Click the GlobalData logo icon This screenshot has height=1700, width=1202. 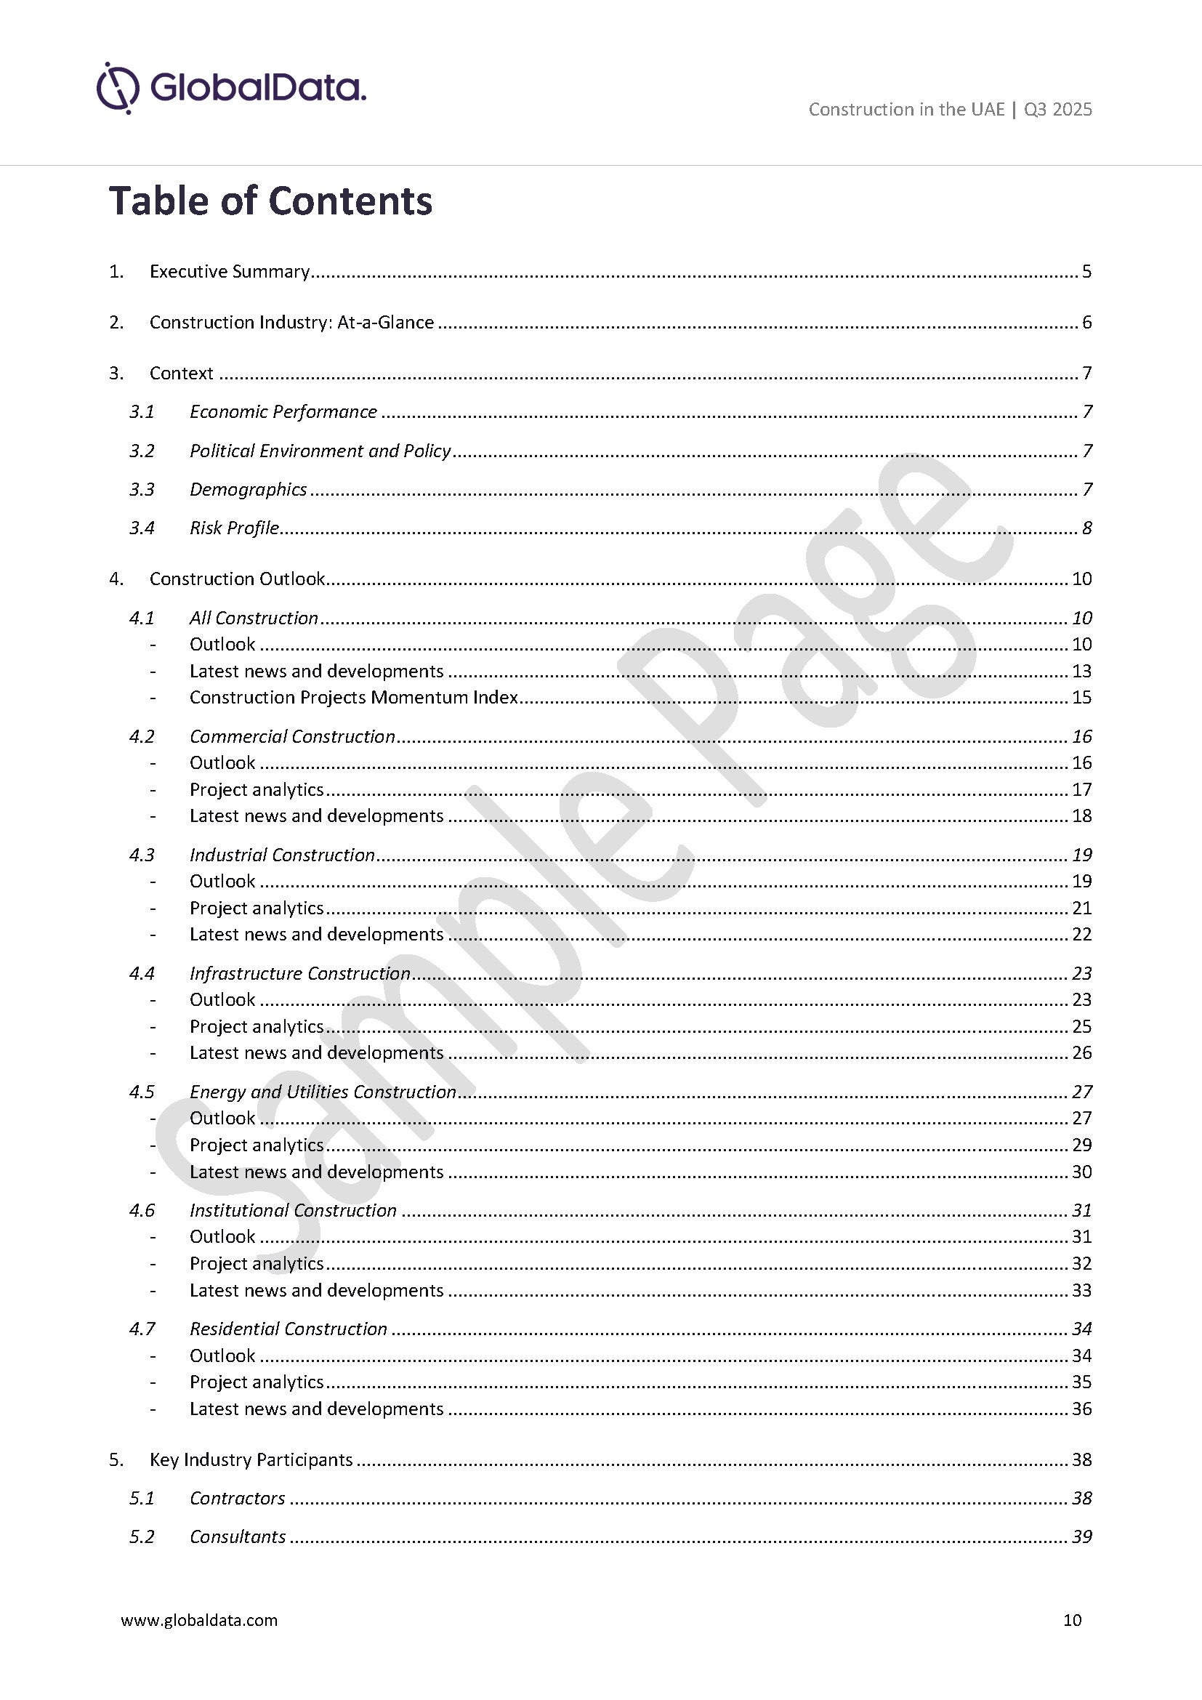(x=118, y=88)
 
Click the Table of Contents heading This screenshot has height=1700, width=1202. (x=270, y=201)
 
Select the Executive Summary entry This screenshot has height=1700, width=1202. (x=230, y=272)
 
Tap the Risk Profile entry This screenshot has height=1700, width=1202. (x=234, y=528)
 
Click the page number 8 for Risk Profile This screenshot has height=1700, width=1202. (x=1086, y=528)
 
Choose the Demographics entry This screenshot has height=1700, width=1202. (x=248, y=489)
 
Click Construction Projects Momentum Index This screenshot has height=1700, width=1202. (x=353, y=698)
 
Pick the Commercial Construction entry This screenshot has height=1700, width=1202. (x=292, y=737)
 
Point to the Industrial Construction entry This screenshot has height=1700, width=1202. (x=282, y=855)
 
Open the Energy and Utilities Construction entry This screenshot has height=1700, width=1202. (x=323, y=1092)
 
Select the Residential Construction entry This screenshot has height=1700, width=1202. (x=288, y=1329)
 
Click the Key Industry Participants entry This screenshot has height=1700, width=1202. (x=251, y=1459)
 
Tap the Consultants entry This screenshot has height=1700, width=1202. (x=238, y=1536)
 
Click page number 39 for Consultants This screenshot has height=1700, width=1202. (x=1081, y=1536)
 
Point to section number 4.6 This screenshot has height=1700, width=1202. (x=142, y=1211)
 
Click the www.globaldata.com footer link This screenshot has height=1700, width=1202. (x=199, y=1620)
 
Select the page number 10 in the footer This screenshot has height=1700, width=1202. (x=1072, y=1620)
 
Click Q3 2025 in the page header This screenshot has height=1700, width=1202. (x=1057, y=110)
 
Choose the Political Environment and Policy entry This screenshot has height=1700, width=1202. (x=320, y=451)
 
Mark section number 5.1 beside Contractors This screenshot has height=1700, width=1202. (x=142, y=1498)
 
